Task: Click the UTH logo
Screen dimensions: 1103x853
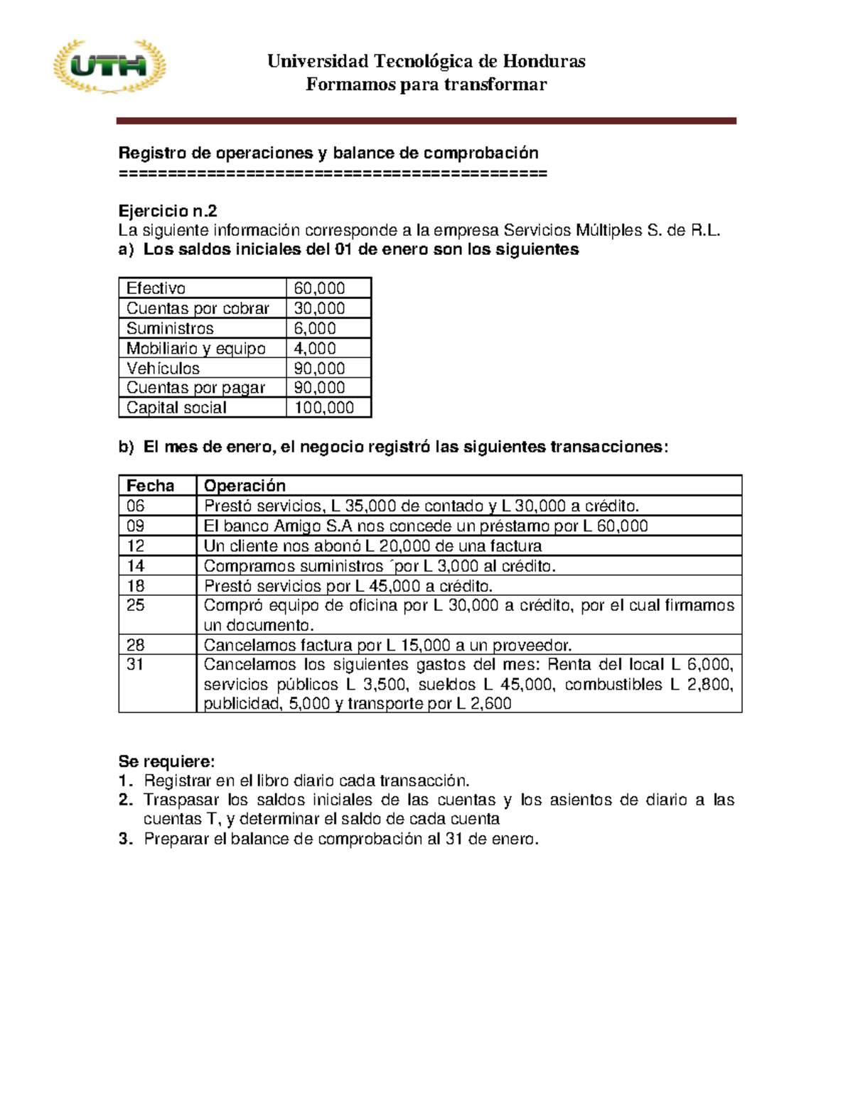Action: click(109, 67)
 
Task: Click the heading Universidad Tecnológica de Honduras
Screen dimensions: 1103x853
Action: click(426, 61)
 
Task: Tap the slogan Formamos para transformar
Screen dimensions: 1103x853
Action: click(426, 85)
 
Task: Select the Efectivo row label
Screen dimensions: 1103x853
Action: click(156, 288)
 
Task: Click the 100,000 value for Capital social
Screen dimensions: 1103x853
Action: click(324, 408)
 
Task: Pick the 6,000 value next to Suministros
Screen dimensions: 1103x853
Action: click(315, 328)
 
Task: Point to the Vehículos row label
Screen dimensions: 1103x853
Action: click(163, 368)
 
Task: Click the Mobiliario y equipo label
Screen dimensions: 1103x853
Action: click(195, 348)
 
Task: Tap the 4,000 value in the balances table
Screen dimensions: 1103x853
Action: click(315, 348)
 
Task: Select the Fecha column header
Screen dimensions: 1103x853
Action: click(150, 486)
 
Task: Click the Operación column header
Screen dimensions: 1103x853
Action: click(245, 486)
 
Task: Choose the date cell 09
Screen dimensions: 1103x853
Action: click(135, 526)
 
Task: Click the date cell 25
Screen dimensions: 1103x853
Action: click(135, 606)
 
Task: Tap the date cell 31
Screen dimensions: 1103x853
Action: click(135, 665)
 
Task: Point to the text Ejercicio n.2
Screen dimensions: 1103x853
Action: click(168, 211)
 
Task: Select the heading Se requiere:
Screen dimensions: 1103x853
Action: click(166, 761)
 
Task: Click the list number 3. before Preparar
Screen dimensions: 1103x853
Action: click(126, 839)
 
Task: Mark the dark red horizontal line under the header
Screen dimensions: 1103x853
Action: click(426, 121)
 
